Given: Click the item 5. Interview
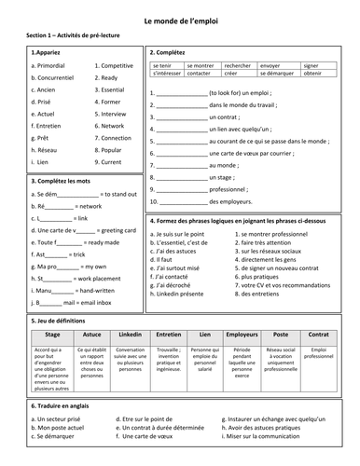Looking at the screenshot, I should click(113, 114).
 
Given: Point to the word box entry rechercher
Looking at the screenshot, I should click(237, 66).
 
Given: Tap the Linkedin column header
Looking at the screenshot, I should click(130, 332).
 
